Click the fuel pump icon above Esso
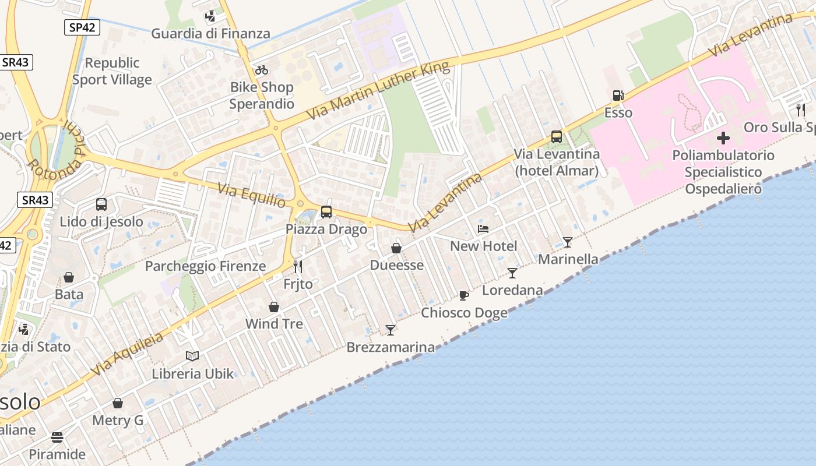[618, 96]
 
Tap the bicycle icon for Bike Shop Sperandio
[262, 70]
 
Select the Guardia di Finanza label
[210, 34]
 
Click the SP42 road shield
[82, 27]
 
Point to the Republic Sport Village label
[112, 71]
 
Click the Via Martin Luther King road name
[378, 90]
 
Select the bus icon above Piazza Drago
[326, 212]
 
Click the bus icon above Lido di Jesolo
[101, 204]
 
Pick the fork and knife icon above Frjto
[298, 267]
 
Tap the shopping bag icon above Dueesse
[396, 248]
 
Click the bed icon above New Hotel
[483, 229]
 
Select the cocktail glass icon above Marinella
[568, 242]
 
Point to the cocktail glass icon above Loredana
[512, 273]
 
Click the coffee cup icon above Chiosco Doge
[464, 295]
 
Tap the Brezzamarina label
[391, 348]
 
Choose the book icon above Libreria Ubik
[192, 356]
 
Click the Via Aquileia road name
[126, 355]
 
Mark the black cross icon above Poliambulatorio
[723, 138]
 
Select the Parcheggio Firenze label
[205, 266]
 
